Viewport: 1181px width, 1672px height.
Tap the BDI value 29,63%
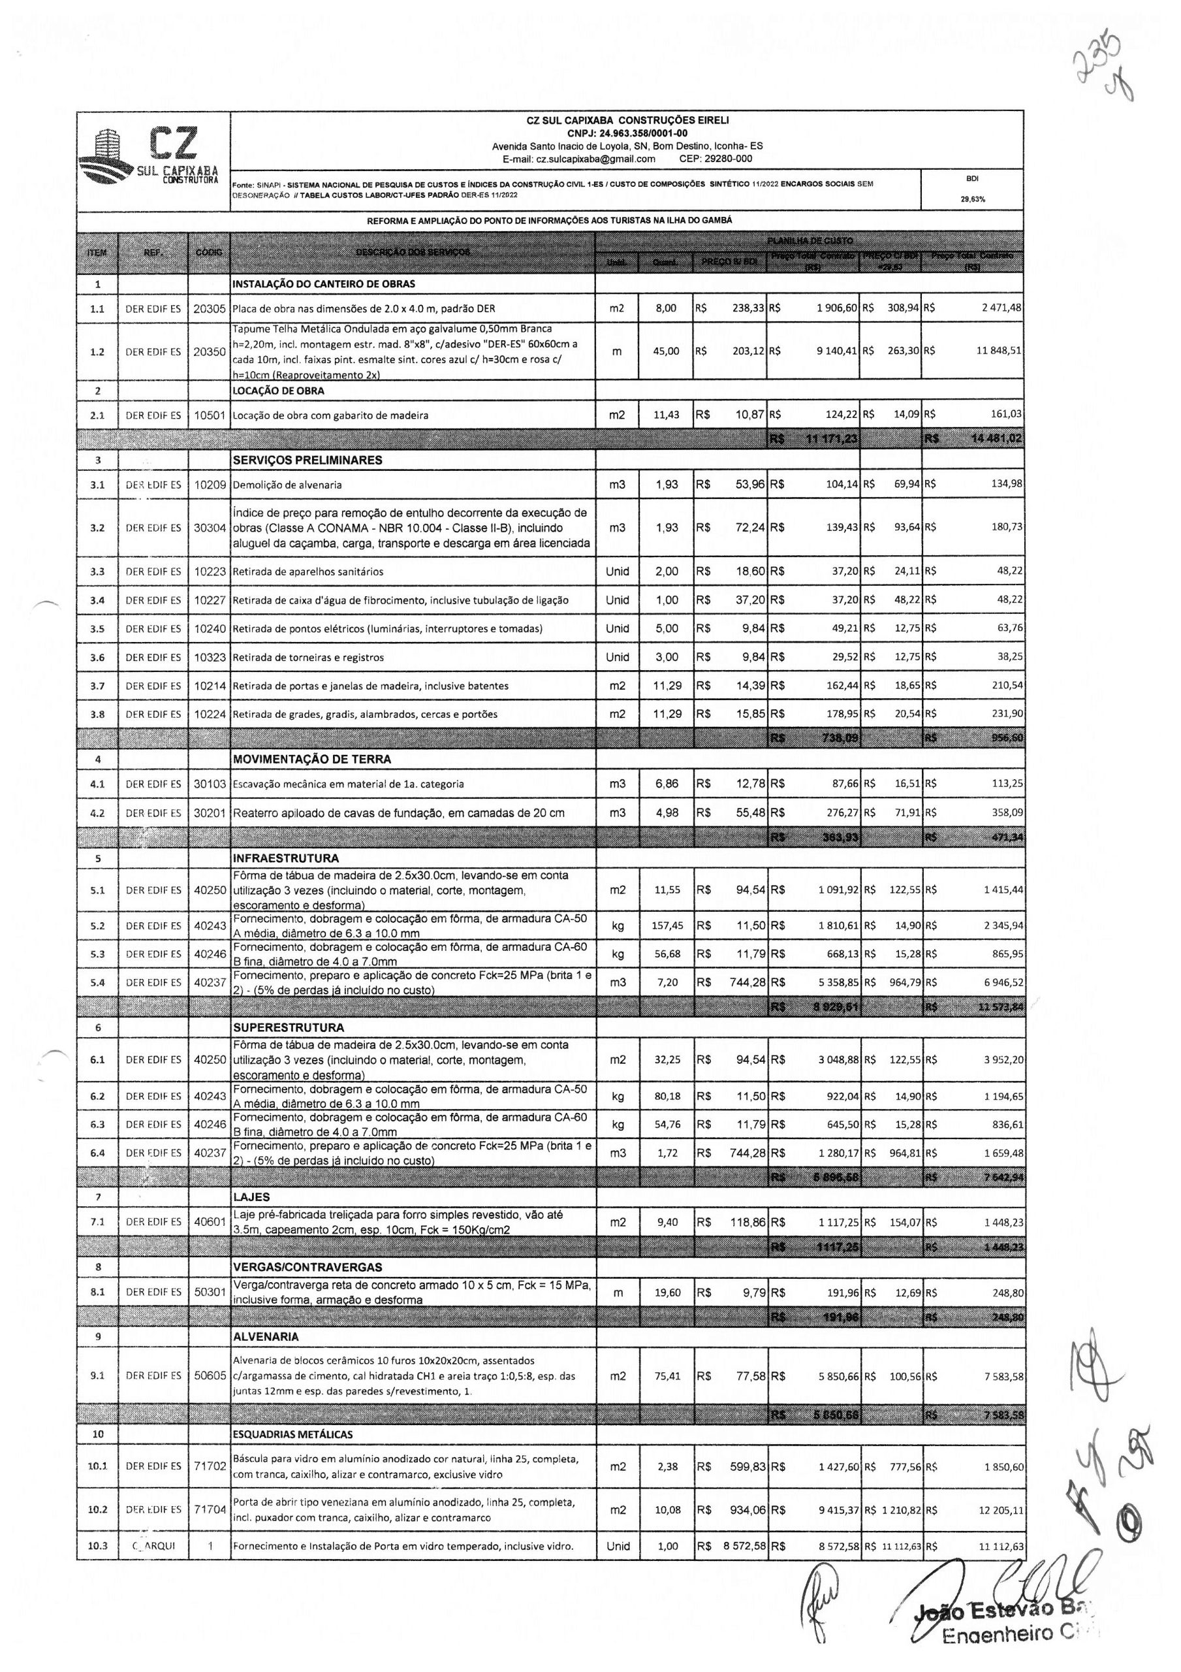972,199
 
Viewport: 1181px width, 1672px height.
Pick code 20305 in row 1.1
209,308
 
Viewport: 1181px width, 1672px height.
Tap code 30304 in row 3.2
209,527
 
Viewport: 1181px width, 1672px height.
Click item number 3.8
97,715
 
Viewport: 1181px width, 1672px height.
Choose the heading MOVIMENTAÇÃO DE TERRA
311,760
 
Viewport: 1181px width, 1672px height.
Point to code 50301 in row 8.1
209,1293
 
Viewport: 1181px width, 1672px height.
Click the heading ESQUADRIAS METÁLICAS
292,1435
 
